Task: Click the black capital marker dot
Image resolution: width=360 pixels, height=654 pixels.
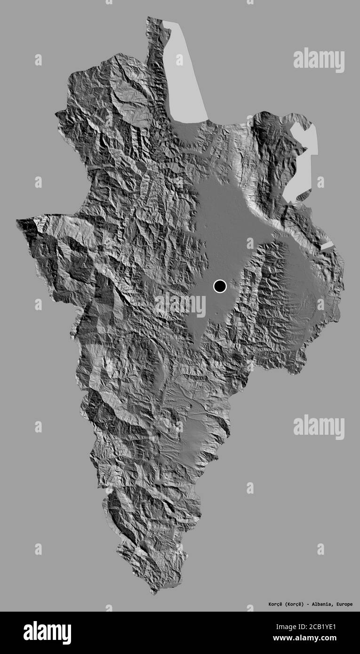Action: point(220,286)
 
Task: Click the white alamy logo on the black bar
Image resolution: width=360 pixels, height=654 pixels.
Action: point(48,632)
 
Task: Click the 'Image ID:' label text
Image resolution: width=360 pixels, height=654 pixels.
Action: point(302,628)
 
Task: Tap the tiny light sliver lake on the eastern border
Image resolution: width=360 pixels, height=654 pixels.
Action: point(327,246)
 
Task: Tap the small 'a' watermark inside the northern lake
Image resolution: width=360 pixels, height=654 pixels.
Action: point(179,60)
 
